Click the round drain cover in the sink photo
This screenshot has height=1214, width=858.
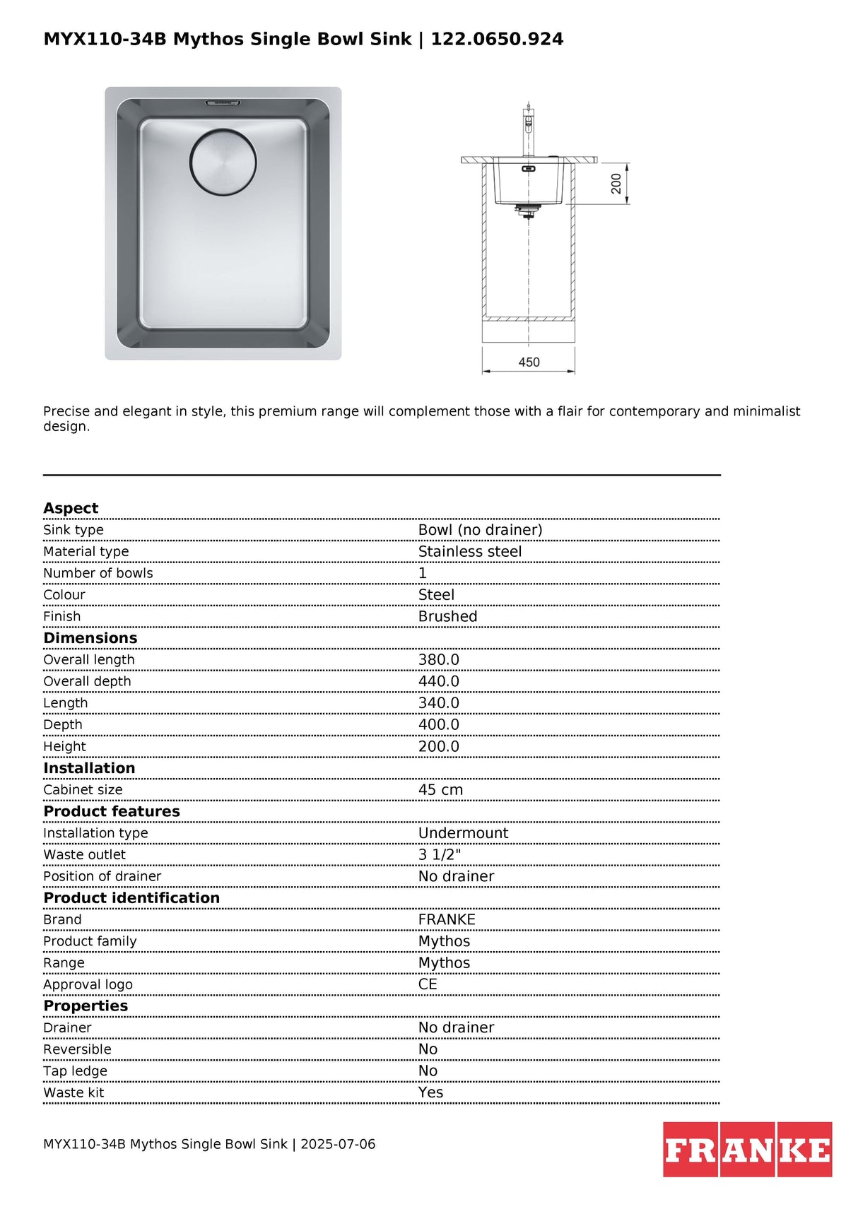coord(223,162)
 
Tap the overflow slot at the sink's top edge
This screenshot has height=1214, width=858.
coord(223,103)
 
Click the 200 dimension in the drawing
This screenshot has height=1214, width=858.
coord(616,184)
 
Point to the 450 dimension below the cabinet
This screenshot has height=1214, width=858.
coord(529,363)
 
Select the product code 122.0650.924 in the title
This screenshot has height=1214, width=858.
coord(497,39)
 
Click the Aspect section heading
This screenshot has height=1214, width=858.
coord(71,508)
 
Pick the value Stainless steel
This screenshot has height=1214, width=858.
coord(469,552)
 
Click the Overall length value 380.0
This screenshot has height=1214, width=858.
coord(438,660)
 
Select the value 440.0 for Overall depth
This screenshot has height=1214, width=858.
coord(438,681)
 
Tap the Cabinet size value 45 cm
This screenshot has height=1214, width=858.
coord(440,790)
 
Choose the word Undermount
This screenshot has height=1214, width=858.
coord(463,833)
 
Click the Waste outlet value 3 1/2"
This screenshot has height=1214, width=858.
coord(439,855)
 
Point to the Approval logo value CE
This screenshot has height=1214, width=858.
coord(428,984)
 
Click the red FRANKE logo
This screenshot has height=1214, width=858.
coord(747,1150)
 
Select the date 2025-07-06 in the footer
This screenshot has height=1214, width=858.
coord(338,1144)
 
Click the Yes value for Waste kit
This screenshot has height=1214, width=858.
coord(430,1092)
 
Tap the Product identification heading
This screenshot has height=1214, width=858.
coord(131,898)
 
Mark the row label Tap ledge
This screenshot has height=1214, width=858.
coord(75,1071)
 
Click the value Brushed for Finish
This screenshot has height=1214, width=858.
coord(447,617)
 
